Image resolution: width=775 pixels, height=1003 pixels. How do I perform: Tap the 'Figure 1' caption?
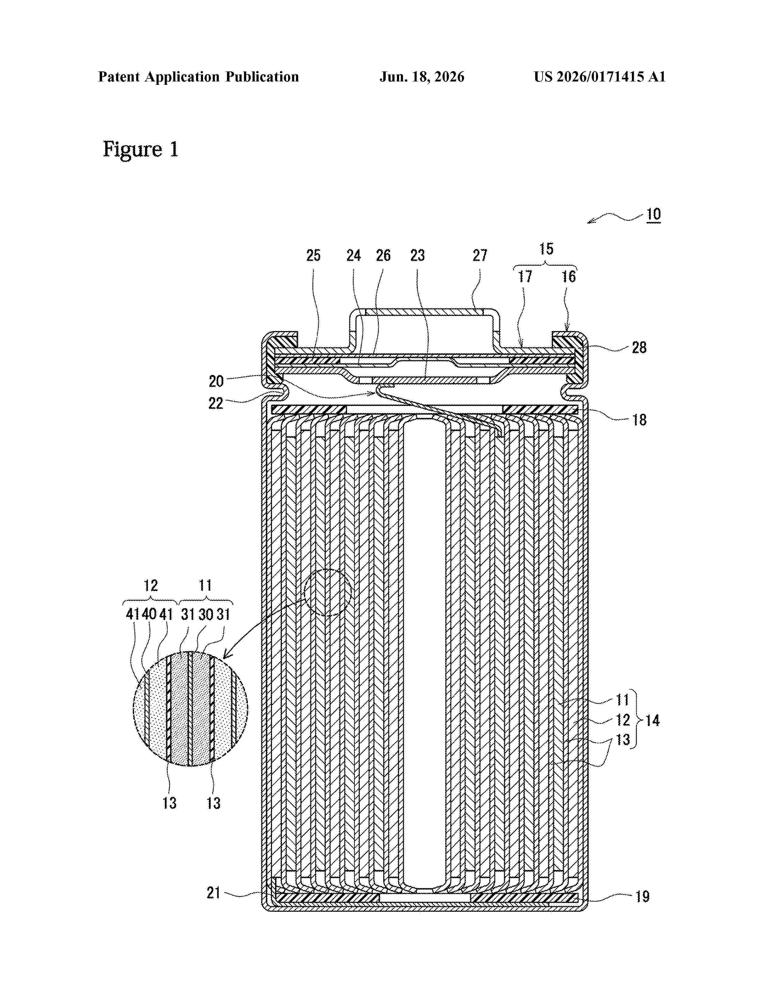(x=140, y=149)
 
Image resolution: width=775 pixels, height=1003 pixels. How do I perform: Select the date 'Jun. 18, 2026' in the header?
(x=422, y=77)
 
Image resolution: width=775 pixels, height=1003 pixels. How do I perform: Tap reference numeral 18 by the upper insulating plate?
(x=639, y=419)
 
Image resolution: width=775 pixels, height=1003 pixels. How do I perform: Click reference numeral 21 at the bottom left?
(x=213, y=892)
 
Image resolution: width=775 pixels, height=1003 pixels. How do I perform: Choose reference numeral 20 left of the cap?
(x=216, y=381)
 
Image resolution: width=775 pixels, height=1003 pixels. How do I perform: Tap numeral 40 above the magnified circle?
(x=149, y=614)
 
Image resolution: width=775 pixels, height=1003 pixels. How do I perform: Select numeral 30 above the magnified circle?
(x=206, y=614)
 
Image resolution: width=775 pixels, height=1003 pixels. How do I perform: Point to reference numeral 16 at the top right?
(x=568, y=277)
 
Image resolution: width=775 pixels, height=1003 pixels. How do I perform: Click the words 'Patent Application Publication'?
(x=198, y=77)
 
